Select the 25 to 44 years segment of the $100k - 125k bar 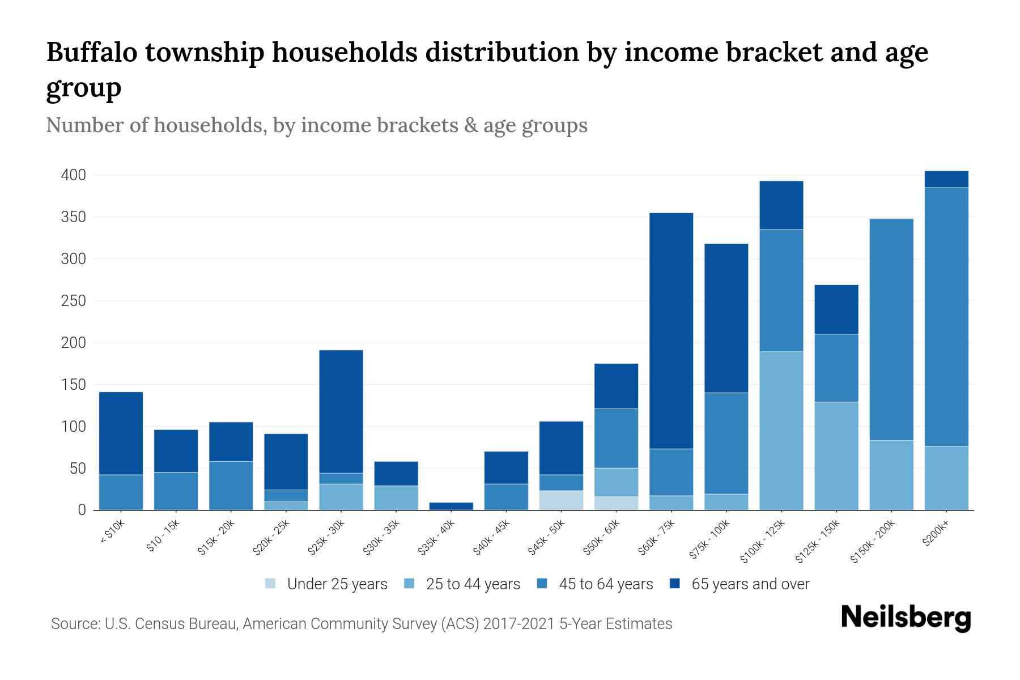tap(781, 431)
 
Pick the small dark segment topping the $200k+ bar tap(946, 179)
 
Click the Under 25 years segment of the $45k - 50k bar tap(561, 500)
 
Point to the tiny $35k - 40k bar tap(451, 506)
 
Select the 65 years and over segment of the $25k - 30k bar tap(341, 411)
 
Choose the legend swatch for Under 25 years tap(270, 584)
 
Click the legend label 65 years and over tap(750, 584)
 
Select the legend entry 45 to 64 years tap(605, 584)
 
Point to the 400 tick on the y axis tap(74, 175)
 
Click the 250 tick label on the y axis tap(74, 301)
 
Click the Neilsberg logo tap(906, 617)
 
